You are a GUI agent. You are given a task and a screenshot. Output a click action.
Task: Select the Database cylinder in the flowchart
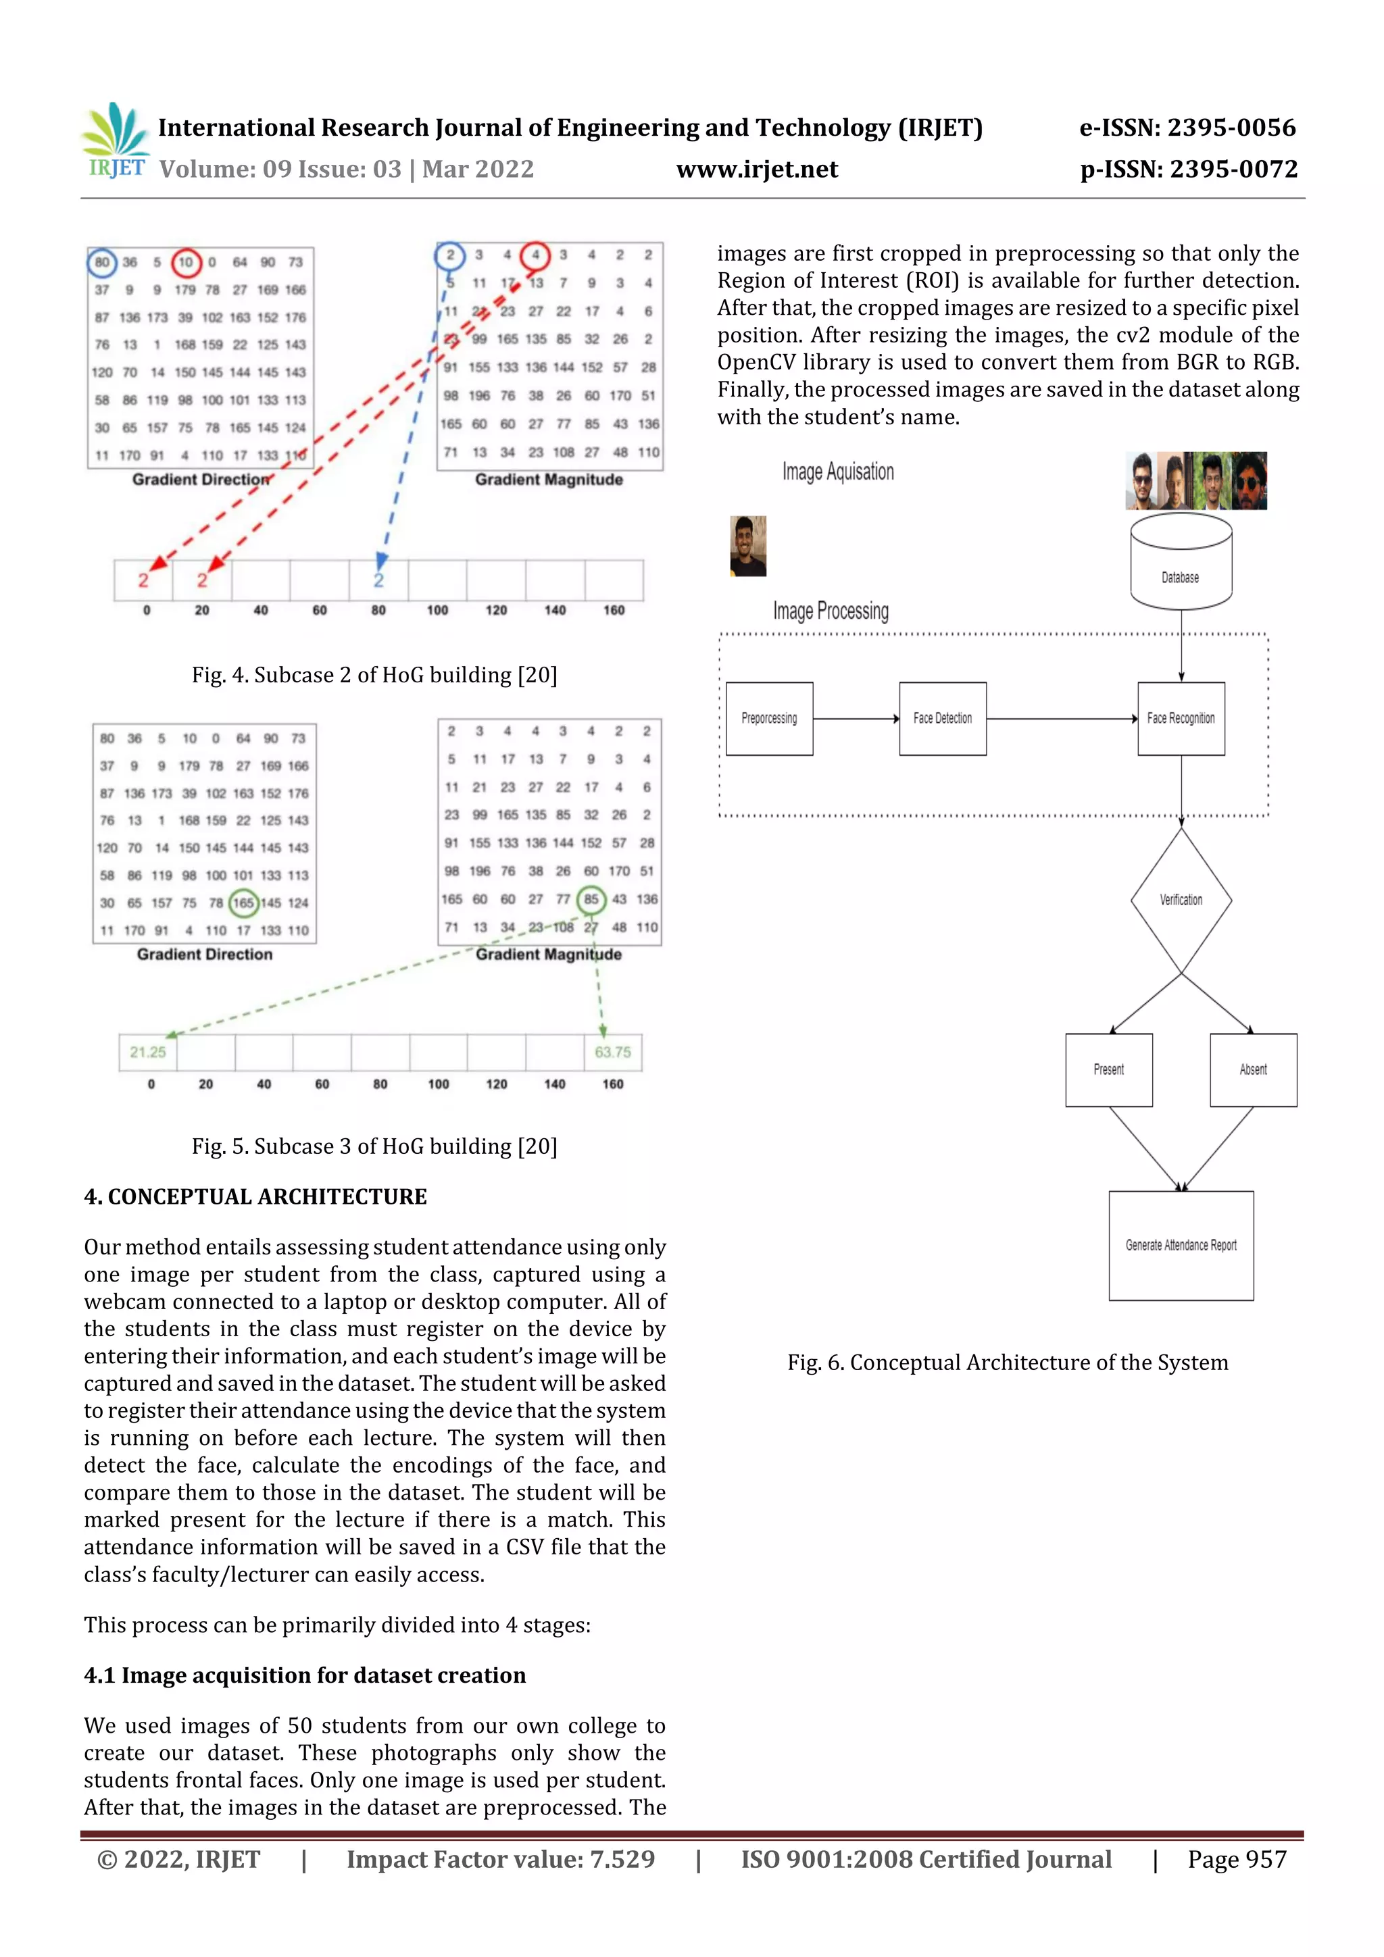pyautogui.click(x=1181, y=563)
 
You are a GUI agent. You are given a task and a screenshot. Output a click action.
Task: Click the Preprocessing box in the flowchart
pyautogui.click(x=769, y=719)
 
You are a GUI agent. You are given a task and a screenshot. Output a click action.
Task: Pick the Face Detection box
pyautogui.click(x=942, y=719)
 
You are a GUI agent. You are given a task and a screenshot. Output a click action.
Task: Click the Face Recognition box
pyautogui.click(x=1181, y=719)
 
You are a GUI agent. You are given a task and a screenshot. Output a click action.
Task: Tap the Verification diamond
pyautogui.click(x=1181, y=900)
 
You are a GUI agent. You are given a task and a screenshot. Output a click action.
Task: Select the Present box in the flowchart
pyautogui.click(x=1108, y=1070)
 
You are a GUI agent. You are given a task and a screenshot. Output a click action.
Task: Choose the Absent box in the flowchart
pyautogui.click(x=1253, y=1070)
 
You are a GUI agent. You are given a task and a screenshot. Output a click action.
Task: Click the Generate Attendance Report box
pyautogui.click(x=1181, y=1245)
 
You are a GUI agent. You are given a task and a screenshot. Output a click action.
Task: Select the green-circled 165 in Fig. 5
pyautogui.click(x=244, y=903)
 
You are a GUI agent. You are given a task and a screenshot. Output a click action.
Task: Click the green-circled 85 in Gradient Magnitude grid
pyautogui.click(x=591, y=899)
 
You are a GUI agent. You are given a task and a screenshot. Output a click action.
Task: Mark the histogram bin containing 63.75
pyautogui.click(x=612, y=1052)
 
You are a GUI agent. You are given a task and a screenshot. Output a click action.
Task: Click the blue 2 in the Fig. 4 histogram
pyautogui.click(x=378, y=580)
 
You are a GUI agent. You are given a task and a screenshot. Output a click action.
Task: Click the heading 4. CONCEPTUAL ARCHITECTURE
pyautogui.click(x=255, y=1197)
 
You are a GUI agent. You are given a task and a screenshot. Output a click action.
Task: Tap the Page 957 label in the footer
pyautogui.click(x=1237, y=1859)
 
